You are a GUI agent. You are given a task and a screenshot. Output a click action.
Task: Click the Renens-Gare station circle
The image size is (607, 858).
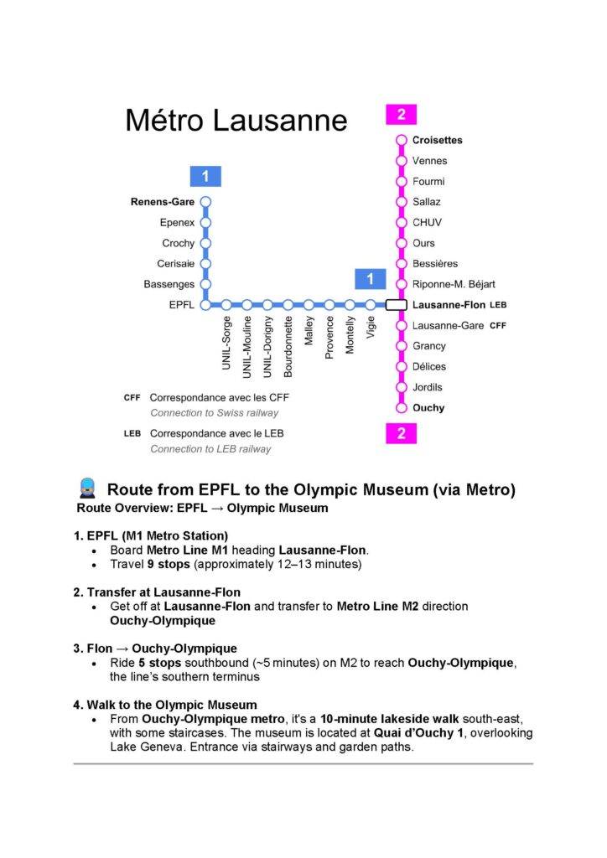pyautogui.click(x=205, y=202)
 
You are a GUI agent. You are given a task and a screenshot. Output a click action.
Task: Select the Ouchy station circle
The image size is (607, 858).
pyautogui.click(x=401, y=408)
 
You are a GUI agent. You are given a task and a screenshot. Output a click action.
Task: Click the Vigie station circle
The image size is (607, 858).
pyautogui.click(x=371, y=305)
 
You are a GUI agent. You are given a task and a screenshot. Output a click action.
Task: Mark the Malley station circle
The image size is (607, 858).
pyautogui.click(x=309, y=305)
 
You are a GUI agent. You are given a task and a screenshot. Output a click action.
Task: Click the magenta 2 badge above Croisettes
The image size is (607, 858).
pyautogui.click(x=401, y=114)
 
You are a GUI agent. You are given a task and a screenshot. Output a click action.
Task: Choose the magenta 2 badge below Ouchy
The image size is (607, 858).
pyautogui.click(x=401, y=433)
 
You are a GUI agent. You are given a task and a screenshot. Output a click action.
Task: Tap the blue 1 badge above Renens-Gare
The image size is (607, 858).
pyautogui.click(x=205, y=176)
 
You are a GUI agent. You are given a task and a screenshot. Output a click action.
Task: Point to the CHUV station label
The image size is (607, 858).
pyautogui.click(x=427, y=223)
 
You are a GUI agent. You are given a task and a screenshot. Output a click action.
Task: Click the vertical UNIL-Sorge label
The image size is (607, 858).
pyautogui.click(x=226, y=343)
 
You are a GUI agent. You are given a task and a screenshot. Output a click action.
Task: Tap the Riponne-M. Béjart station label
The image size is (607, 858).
pyautogui.click(x=454, y=285)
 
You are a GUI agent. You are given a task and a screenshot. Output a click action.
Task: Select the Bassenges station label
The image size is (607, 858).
pyautogui.click(x=169, y=285)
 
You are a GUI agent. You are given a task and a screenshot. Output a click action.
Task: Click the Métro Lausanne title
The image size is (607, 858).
pyautogui.click(x=236, y=120)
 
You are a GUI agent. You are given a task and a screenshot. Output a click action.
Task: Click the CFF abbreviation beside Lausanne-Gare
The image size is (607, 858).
pyautogui.click(x=498, y=326)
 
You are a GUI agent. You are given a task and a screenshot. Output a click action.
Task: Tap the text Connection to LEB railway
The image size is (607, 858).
pyautogui.click(x=210, y=449)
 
